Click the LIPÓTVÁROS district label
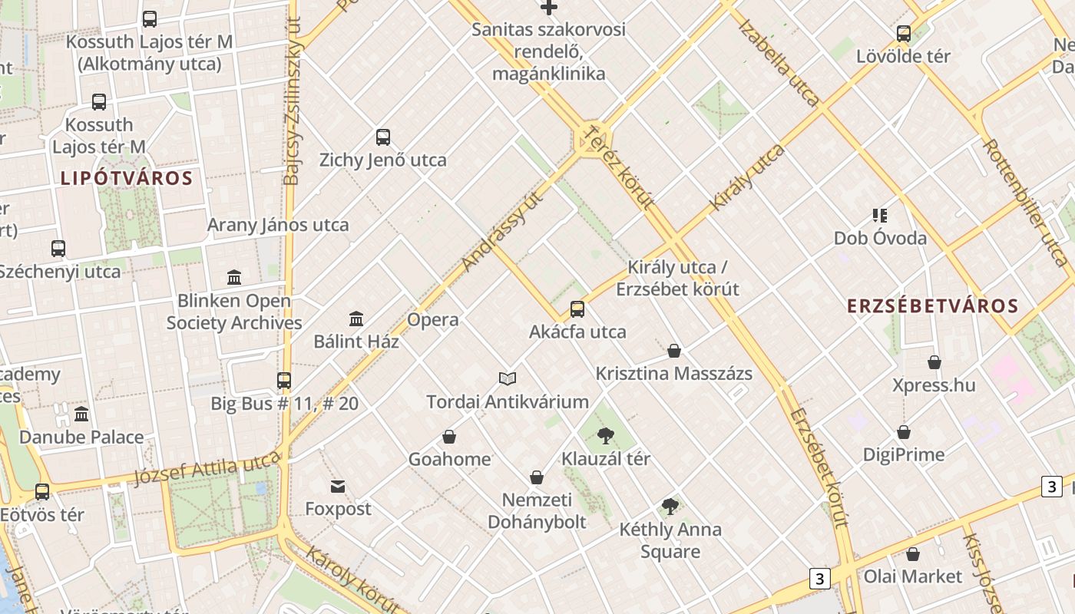[x=126, y=179]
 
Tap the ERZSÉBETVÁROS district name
[x=932, y=306]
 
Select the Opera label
[x=433, y=320]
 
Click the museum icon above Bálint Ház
[x=356, y=319]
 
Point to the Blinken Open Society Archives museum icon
[x=234, y=277]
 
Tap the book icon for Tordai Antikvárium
[x=507, y=378]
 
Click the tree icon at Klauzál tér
[x=606, y=436]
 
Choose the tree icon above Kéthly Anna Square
[x=670, y=506]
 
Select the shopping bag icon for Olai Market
[x=913, y=554]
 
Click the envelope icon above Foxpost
[x=338, y=487]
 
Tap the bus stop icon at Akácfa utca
[x=577, y=309]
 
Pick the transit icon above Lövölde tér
[x=904, y=34]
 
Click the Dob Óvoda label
[x=880, y=238]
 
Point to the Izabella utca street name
[x=779, y=61]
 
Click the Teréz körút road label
[x=618, y=168]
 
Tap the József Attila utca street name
[x=207, y=469]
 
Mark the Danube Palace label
[x=81, y=437]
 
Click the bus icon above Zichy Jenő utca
[x=383, y=137]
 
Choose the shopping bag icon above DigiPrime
[x=904, y=433]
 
